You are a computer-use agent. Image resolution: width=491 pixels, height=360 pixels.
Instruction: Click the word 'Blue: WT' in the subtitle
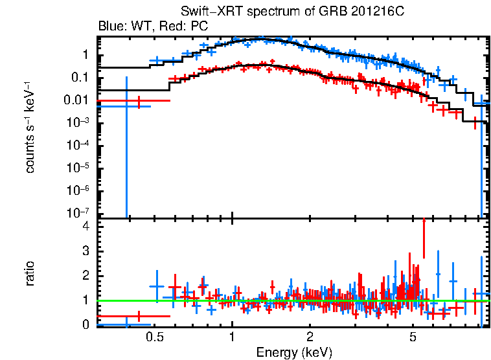(117, 27)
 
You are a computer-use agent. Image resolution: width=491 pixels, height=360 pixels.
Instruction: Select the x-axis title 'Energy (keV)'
(293, 352)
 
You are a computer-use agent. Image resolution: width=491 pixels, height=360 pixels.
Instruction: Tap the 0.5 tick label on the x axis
(154, 337)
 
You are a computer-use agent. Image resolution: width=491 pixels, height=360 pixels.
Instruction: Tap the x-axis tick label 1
(232, 337)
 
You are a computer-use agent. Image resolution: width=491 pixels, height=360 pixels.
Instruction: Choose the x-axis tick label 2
(310, 337)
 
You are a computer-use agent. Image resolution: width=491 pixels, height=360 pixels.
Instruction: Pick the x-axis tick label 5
(413, 337)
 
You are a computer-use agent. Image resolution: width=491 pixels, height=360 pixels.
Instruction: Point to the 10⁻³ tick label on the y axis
(80, 123)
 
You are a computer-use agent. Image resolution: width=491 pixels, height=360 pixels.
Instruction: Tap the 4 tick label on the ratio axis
(86, 227)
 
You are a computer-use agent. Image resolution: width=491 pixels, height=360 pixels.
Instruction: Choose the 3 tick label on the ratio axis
(86, 251)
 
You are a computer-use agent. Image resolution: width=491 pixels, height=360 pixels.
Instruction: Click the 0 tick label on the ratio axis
(86, 325)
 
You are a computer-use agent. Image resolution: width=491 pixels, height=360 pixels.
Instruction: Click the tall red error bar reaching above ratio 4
(424, 240)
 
